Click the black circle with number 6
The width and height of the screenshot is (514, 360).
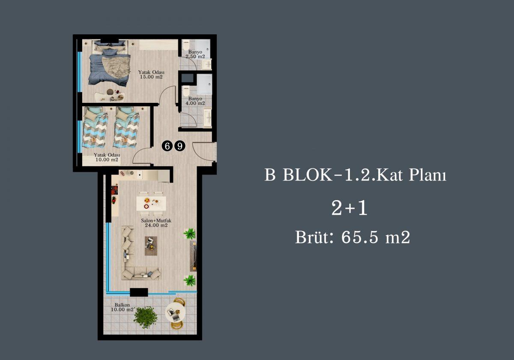tap(167, 146)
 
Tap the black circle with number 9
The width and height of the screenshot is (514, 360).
tap(180, 146)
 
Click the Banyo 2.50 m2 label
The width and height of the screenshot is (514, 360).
tap(195, 54)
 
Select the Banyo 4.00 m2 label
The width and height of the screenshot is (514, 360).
tap(195, 101)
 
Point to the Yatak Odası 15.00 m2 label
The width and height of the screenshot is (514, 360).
tap(151, 75)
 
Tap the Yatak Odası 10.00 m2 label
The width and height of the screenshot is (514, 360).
tap(107, 157)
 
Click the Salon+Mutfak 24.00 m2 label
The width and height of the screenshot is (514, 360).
tap(156, 223)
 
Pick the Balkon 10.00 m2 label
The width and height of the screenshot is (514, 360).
tap(123, 307)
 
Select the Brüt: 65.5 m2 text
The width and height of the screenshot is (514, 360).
tap(353, 237)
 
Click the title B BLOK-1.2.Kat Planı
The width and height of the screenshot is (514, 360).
tap(356, 175)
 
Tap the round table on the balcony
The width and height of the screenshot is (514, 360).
tap(175, 312)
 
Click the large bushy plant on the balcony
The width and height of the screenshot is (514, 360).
tap(146, 317)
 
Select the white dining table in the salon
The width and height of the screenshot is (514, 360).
tap(151, 204)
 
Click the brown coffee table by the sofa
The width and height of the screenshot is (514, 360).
tap(151, 246)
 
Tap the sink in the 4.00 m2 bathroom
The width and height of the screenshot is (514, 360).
tap(208, 118)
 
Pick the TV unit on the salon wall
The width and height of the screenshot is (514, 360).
tap(193, 256)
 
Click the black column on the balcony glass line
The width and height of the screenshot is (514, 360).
tap(139, 292)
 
